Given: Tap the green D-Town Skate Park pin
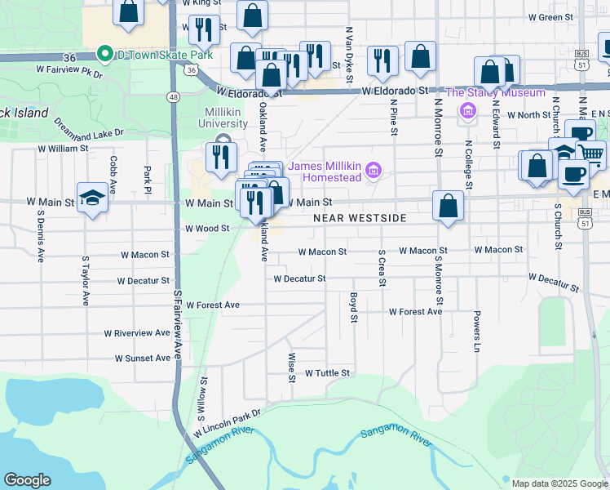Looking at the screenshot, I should (104, 55).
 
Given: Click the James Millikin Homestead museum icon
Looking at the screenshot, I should (374, 170).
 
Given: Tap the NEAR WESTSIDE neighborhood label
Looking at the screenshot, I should (360, 218).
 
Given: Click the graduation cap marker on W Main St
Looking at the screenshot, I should (93, 198).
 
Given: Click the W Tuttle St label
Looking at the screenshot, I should (327, 372).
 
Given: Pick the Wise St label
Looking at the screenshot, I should (291, 367).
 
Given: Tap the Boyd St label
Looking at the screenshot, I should (354, 307).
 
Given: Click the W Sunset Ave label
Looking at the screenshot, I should (143, 358).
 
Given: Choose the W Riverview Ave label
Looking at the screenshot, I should (137, 333).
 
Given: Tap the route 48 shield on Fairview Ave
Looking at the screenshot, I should (173, 96).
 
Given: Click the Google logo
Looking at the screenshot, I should (27, 480).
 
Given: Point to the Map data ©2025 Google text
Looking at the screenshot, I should (559, 483).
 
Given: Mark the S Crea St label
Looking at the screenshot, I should (382, 269).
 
